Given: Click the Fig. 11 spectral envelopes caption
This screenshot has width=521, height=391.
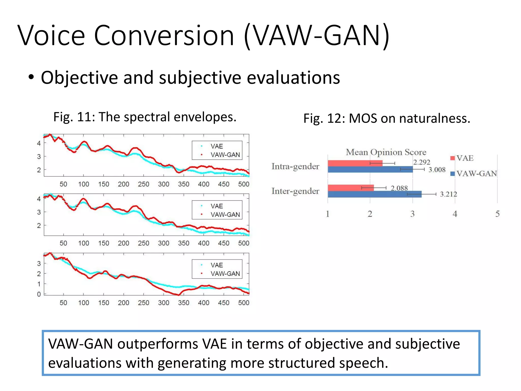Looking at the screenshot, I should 145,117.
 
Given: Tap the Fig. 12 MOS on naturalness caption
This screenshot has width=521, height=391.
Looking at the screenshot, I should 387,118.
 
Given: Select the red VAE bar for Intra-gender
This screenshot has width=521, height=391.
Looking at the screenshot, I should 355,163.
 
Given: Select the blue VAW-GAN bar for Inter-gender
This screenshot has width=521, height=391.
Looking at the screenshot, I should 374,194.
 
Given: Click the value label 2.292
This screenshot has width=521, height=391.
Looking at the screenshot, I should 422,162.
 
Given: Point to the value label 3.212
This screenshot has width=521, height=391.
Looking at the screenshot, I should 448,194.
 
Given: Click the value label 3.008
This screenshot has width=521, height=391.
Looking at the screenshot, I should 437,170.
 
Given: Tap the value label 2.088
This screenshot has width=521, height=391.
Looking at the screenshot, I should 399,188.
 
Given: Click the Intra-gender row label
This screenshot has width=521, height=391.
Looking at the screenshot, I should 295,166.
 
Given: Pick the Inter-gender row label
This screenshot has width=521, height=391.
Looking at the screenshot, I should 295,191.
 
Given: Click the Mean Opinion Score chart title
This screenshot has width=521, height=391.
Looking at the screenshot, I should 386,152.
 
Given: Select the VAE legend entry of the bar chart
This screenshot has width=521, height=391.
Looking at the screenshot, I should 464,158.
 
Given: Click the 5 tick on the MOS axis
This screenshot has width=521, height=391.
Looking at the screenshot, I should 497,214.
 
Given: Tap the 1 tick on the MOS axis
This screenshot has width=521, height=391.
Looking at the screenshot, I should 328,214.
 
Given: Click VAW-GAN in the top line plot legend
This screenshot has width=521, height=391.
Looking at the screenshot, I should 225,155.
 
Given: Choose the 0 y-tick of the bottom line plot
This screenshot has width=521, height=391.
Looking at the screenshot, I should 39,294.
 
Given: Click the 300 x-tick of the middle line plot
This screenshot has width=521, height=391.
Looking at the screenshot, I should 163,243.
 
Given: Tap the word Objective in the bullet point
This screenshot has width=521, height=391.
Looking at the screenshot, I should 79,78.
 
